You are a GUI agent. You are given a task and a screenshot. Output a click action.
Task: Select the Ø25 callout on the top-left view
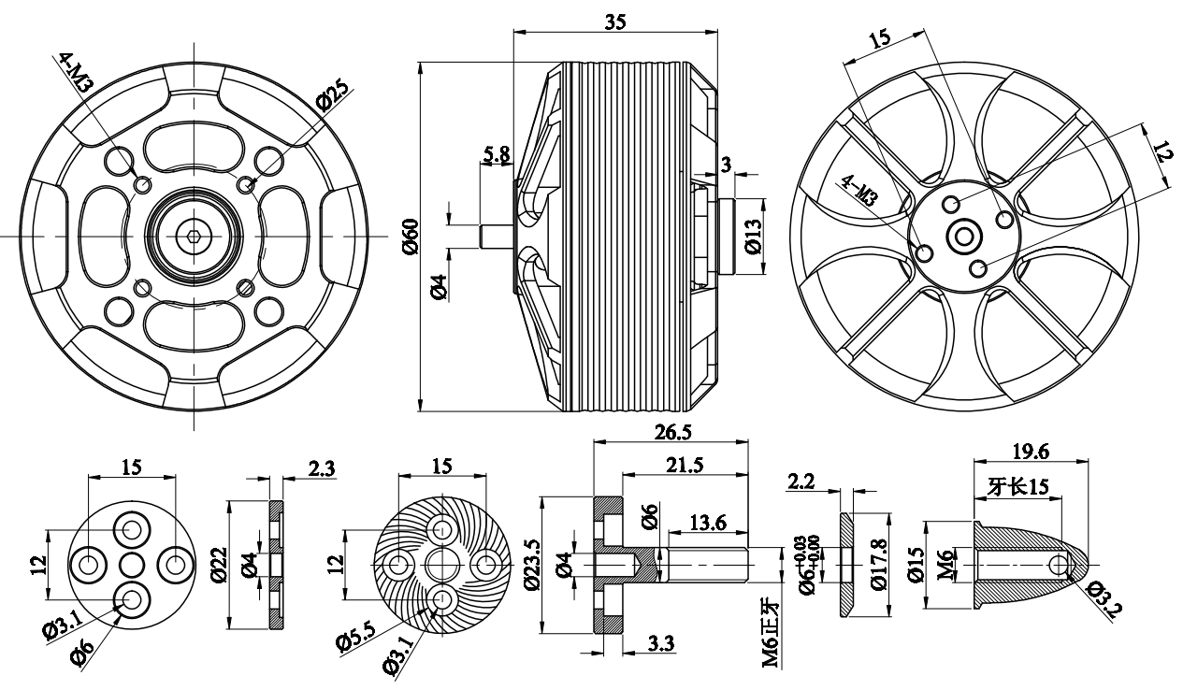334,95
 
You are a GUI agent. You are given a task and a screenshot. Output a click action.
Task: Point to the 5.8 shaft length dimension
497,154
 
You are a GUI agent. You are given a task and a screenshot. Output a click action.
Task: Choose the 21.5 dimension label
686,465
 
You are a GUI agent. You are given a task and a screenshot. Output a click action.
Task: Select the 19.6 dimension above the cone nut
1032,452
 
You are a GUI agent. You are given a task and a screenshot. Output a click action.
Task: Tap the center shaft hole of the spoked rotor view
963,237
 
